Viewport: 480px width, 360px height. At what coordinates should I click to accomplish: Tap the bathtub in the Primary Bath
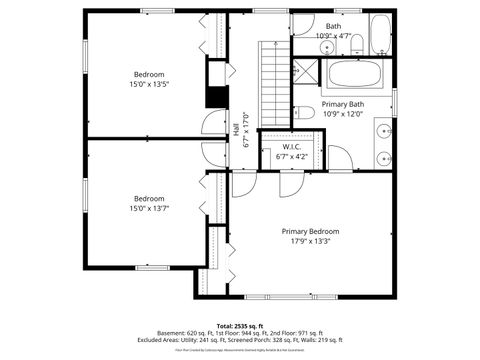click(x=354, y=75)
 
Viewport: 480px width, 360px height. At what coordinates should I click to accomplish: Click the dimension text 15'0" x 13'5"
click(x=151, y=84)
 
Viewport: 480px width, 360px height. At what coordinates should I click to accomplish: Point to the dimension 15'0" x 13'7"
click(x=151, y=208)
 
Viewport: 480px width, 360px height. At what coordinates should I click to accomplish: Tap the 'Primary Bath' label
click(x=342, y=104)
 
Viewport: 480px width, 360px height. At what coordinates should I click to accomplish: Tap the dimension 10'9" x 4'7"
click(x=333, y=36)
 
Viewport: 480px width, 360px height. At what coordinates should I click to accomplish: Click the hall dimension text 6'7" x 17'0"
click(x=246, y=129)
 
